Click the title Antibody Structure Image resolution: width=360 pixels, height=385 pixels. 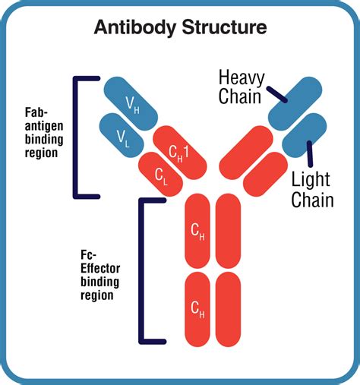click(180, 28)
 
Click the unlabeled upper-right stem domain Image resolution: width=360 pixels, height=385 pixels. click(230, 232)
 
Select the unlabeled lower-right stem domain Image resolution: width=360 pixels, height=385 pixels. click(230, 308)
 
